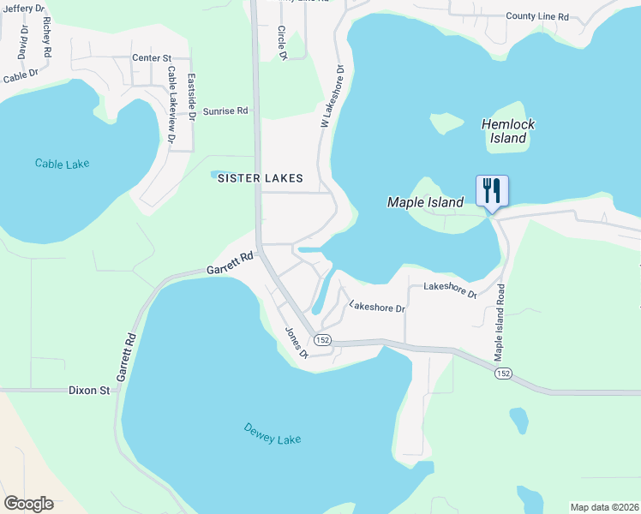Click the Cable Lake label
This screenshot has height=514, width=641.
[63, 163]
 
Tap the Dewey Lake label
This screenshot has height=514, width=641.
[273, 433]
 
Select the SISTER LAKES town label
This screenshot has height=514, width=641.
[260, 178]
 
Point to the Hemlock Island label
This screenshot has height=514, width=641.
[508, 131]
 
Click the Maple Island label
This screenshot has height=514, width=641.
[425, 202]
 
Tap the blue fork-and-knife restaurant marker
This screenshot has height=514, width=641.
[492, 190]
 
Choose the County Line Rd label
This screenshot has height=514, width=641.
[537, 16]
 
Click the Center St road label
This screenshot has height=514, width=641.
[153, 58]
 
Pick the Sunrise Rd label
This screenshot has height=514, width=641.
[225, 111]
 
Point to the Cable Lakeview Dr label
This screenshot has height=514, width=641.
[171, 103]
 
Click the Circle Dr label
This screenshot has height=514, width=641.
[282, 43]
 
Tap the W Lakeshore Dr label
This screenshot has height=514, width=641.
[332, 97]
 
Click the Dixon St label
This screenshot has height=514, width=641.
[89, 391]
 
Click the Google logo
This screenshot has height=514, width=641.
[28, 503]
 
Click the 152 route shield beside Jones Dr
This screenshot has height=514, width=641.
[322, 340]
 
